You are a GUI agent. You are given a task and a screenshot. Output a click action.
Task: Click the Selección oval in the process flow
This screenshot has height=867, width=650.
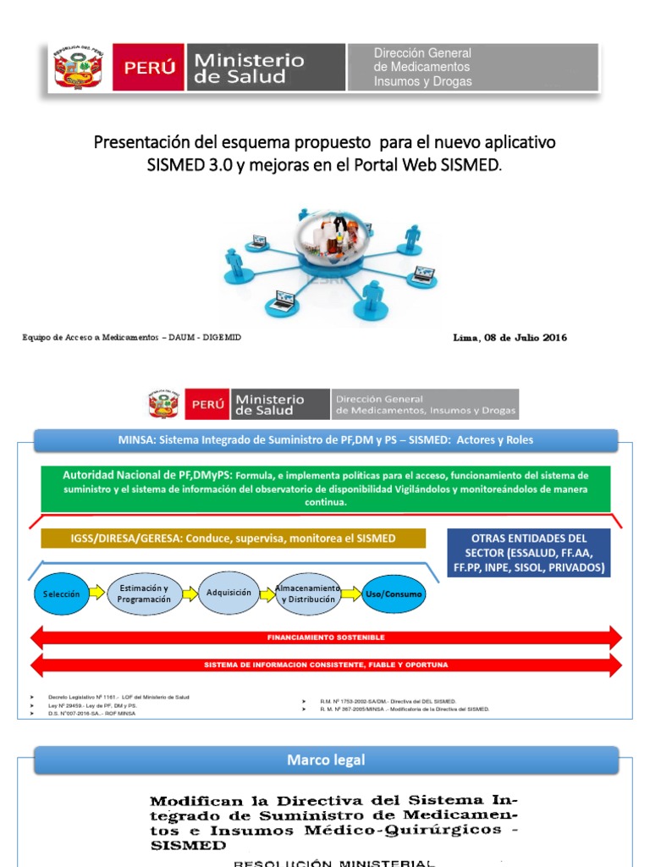coord(62,594)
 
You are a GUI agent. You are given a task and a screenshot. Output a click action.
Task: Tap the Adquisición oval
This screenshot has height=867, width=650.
coord(229,593)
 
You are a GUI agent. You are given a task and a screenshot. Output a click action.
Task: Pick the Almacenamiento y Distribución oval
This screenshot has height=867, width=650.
coord(308,594)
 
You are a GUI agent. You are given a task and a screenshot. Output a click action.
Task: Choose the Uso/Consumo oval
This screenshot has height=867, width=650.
coord(393,594)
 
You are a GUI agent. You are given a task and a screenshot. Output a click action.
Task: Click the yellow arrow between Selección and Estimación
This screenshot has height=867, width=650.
coord(97,593)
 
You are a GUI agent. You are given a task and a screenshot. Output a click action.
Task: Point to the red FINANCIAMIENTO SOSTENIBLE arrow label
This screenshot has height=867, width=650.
coord(325,637)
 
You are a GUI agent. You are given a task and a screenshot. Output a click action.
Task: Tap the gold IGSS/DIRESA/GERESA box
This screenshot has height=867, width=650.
coord(232,538)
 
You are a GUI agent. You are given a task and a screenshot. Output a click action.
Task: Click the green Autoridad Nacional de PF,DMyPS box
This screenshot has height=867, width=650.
coord(325,488)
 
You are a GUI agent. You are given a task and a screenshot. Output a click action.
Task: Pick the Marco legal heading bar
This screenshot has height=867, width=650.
coord(325,760)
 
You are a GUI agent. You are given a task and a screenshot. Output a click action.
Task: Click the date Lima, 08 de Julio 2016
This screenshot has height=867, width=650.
coord(510,338)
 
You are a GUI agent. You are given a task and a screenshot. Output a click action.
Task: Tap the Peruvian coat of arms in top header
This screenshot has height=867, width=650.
coord(78,68)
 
